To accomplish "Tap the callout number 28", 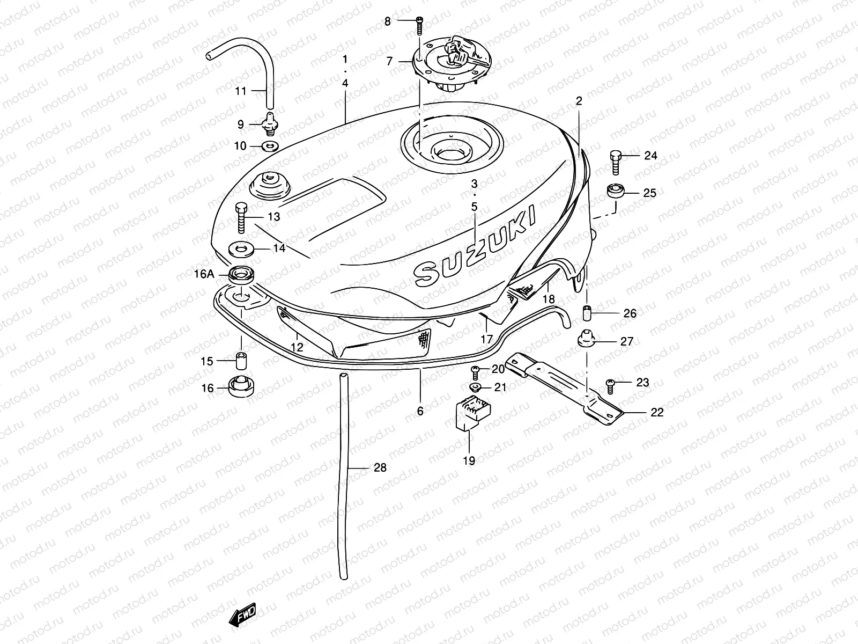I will [380, 467].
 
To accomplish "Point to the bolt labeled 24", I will [616, 162].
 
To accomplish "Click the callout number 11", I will [240, 91].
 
